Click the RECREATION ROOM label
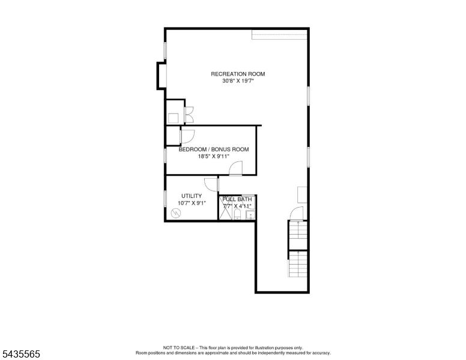click(238, 74)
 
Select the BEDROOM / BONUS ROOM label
click(214, 149)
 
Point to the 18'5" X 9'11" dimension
click(214, 156)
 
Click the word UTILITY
click(192, 196)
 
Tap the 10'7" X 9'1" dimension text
click(192, 203)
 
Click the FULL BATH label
click(237, 199)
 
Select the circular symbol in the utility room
click(176, 212)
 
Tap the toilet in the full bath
click(237, 214)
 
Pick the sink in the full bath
click(250, 214)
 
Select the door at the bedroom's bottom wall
click(235, 168)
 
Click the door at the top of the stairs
click(297, 214)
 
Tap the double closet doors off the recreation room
click(189, 115)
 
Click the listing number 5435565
click(21, 354)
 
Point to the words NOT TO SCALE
click(179, 347)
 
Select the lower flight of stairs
click(298, 264)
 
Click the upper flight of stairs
click(298, 235)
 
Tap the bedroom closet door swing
click(187, 137)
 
